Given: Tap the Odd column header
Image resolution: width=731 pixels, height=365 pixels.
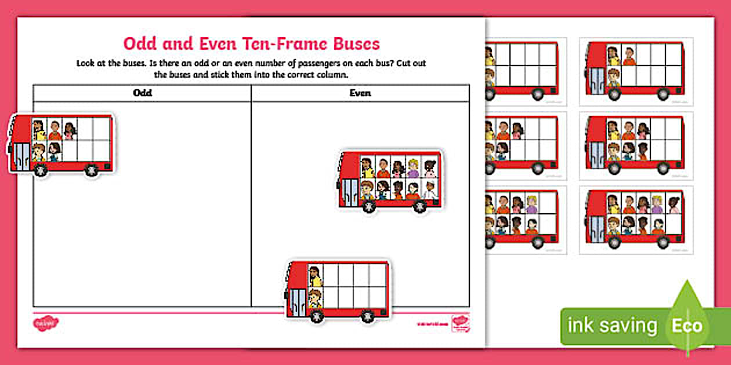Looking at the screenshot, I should (142, 93).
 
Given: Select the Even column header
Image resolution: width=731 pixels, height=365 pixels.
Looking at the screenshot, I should (360, 93).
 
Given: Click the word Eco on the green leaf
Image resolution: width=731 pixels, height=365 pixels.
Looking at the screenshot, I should (687, 326).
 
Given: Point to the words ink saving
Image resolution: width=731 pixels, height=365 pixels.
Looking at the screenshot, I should (612, 326).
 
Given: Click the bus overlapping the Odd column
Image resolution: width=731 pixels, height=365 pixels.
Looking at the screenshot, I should (61, 144).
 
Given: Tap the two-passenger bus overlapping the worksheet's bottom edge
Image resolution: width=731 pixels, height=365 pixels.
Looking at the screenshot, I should (338, 290).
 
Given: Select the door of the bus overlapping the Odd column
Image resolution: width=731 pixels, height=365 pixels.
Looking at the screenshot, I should (21, 156).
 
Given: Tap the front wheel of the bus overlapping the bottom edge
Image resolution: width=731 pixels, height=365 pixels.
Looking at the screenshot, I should (316, 316).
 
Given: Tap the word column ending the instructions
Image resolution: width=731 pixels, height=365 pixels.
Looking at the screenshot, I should (336, 75).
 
